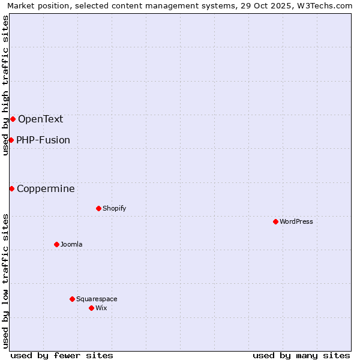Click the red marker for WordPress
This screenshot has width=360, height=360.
[x=275, y=221]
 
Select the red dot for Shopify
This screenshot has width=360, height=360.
[x=98, y=208]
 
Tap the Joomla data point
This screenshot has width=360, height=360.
[x=56, y=244]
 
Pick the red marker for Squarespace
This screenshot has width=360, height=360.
[x=72, y=299]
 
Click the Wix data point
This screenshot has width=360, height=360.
[x=91, y=308]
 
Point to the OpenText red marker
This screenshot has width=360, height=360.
[x=13, y=119]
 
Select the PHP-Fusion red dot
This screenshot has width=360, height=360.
[x=11, y=140]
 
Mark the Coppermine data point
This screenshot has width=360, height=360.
[x=11, y=188]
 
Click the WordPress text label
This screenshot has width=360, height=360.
[x=296, y=221]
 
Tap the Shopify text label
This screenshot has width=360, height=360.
[x=114, y=208]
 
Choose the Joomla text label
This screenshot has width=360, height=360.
[x=71, y=244]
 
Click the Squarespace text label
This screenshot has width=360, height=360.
[x=97, y=299]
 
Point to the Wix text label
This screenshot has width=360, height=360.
[x=101, y=308]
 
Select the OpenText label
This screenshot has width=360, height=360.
[x=40, y=119]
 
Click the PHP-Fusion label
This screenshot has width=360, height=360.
[x=43, y=140]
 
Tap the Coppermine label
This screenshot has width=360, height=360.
[x=46, y=188]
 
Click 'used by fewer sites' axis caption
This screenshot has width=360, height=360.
[x=62, y=355]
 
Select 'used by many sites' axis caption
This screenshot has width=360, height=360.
[x=301, y=355]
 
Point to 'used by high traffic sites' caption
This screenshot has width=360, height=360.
[x=5, y=85]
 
